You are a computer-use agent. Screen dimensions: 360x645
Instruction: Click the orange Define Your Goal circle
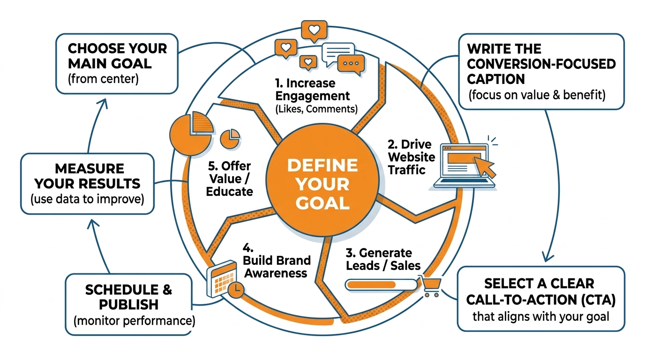click(x=322, y=184)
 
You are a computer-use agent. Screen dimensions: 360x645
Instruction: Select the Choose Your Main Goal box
click(x=117, y=63)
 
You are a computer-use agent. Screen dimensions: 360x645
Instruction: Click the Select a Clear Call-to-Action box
click(x=540, y=299)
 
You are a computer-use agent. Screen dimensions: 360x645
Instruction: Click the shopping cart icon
click(x=430, y=285)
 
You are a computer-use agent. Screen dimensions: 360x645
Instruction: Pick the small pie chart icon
click(x=230, y=137)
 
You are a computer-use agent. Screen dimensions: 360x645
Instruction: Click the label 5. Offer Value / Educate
click(x=229, y=179)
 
